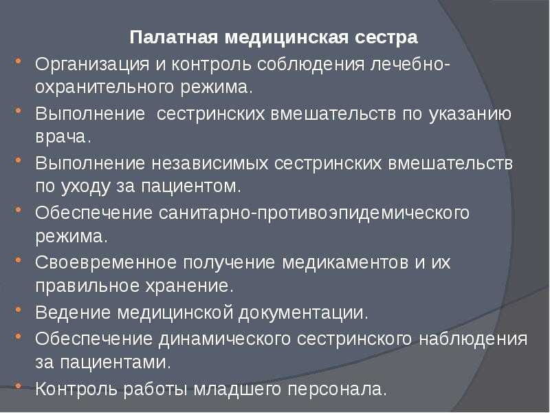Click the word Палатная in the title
(x=174, y=37)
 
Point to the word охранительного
(x=104, y=87)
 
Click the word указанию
(x=470, y=114)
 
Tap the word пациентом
(x=192, y=187)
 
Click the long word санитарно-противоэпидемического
(x=314, y=213)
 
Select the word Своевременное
(x=106, y=263)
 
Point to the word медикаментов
(x=345, y=263)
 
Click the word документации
(x=303, y=313)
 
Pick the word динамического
(x=225, y=339)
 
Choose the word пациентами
(x=115, y=363)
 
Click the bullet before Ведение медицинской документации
(x=19, y=310)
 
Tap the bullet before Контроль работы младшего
(x=19, y=386)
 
